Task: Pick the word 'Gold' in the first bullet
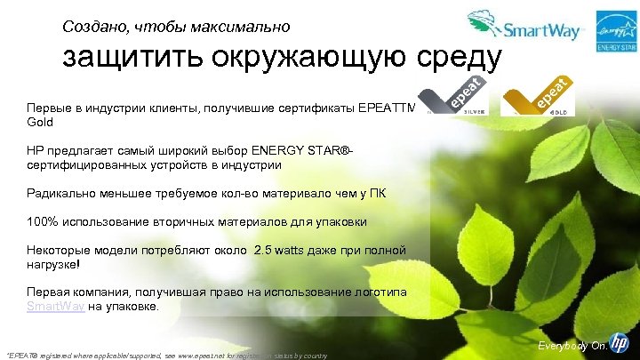point(41,120)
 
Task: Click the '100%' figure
point(43,222)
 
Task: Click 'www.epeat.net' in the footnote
point(238,355)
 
